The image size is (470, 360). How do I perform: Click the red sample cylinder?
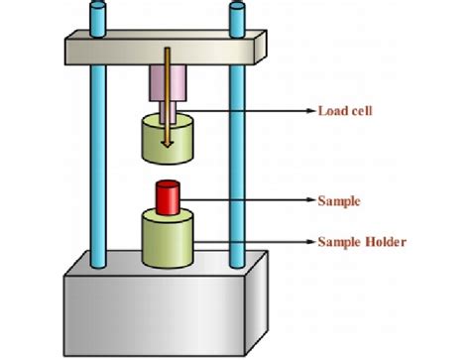coord(167,198)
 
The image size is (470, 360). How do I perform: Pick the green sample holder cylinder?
coord(167,241)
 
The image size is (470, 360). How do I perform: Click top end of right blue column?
coord(236,8)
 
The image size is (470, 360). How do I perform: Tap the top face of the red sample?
coord(167,185)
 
